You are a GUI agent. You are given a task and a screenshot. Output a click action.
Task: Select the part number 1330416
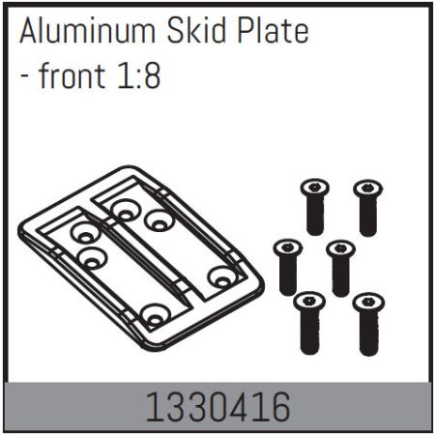click(x=217, y=407)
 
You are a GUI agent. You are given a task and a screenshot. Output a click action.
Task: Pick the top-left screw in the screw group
click(x=313, y=205)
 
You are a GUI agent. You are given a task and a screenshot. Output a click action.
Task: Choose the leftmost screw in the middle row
click(x=287, y=265)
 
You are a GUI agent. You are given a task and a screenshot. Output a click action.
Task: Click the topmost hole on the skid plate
click(x=124, y=206)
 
